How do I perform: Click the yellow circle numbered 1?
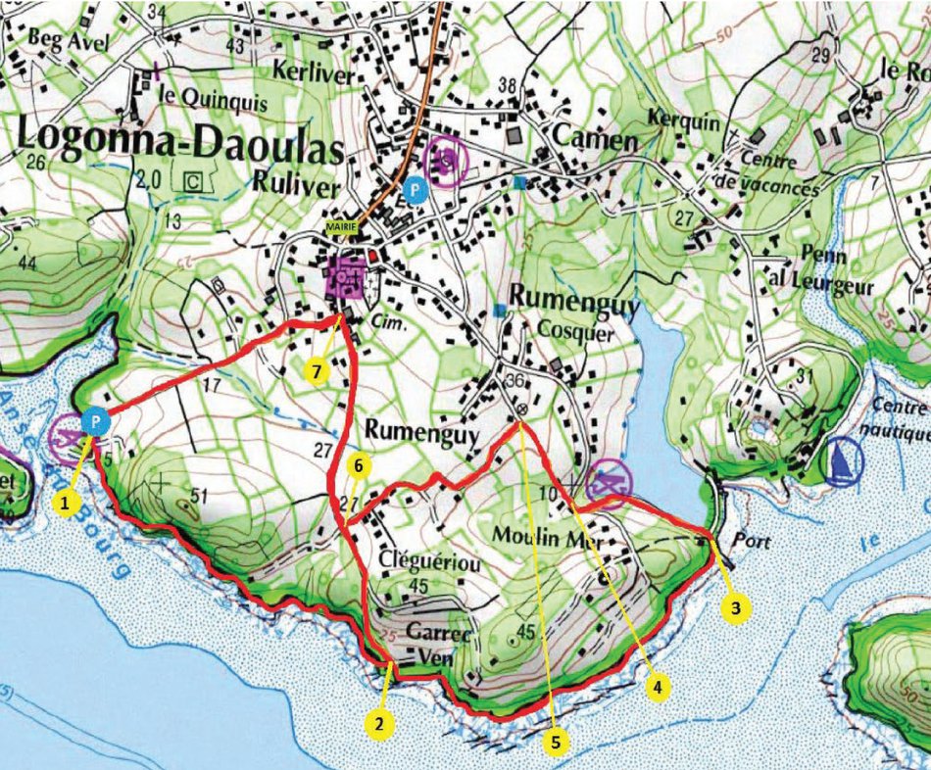click(66, 503)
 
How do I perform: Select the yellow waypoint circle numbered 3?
click(736, 608)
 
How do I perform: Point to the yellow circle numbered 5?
click(556, 743)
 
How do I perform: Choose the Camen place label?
click(594, 139)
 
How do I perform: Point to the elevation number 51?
click(197, 496)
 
